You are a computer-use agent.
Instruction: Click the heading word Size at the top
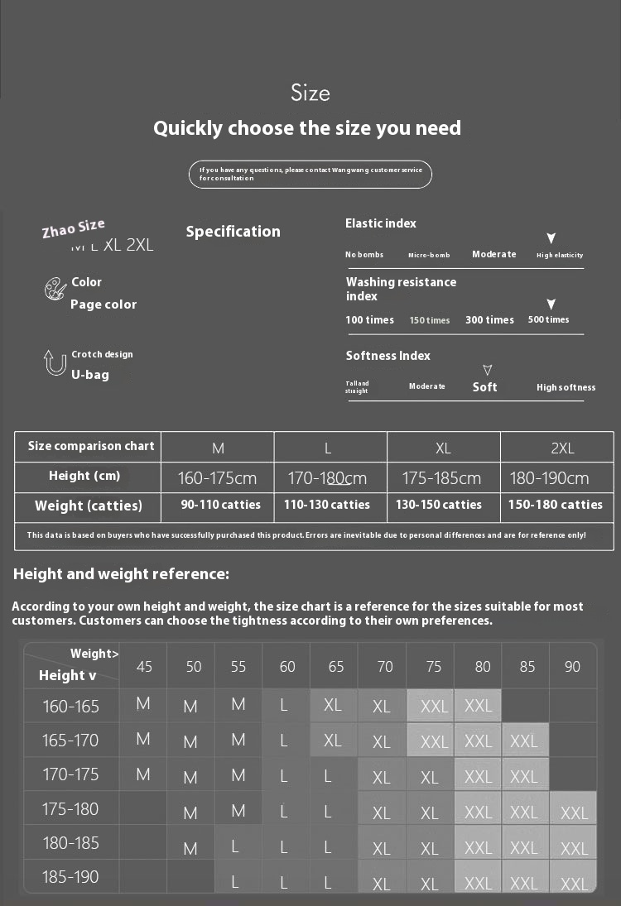coord(310,93)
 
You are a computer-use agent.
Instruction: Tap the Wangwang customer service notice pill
coord(310,174)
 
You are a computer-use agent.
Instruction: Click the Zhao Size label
coord(74,228)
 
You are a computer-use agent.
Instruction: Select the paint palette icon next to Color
coord(55,290)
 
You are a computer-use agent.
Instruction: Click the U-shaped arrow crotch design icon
coord(55,362)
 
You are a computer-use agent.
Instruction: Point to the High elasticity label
coord(560,255)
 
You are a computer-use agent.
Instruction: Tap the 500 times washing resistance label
coord(549,319)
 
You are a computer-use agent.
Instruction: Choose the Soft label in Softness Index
coord(485,386)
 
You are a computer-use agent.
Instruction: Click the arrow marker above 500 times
coord(551,304)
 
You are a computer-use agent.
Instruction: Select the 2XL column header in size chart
coord(562,448)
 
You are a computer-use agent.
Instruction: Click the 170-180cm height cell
coord(327,478)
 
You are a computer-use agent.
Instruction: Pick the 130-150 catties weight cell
coord(439,505)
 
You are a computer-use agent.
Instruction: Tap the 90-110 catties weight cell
coord(221,505)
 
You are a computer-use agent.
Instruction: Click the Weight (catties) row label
coord(89,506)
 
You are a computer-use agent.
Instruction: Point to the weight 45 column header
coord(144,666)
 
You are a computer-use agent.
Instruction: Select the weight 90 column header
coord(572,666)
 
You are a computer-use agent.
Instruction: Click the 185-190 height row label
coord(70,877)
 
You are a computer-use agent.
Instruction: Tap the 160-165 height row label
coord(70,707)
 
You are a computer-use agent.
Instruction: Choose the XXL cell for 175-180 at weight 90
coord(573,812)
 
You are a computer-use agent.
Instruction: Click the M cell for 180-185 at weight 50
coord(191,848)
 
